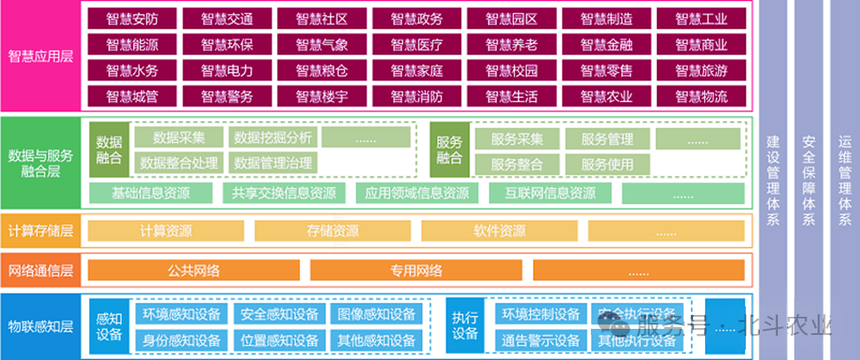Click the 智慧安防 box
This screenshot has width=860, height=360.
pyautogui.click(x=131, y=18)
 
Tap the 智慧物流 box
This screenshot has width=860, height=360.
pyautogui.click(x=701, y=97)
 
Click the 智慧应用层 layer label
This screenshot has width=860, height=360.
pyautogui.click(x=40, y=57)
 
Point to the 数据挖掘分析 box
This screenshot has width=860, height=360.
pyautogui.click(x=273, y=138)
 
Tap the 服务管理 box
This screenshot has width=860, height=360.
pyautogui.click(x=606, y=138)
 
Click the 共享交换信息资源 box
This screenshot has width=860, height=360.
pyautogui.click(x=279, y=194)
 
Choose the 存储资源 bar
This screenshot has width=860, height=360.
pyautogui.click(x=332, y=231)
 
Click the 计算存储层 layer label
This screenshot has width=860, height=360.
pyautogui.click(x=40, y=231)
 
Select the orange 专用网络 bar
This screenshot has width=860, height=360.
pyautogui.click(x=416, y=270)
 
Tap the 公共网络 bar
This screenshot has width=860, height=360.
pyautogui.click(x=194, y=270)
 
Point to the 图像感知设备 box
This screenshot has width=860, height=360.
pyautogui.click(x=376, y=314)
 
